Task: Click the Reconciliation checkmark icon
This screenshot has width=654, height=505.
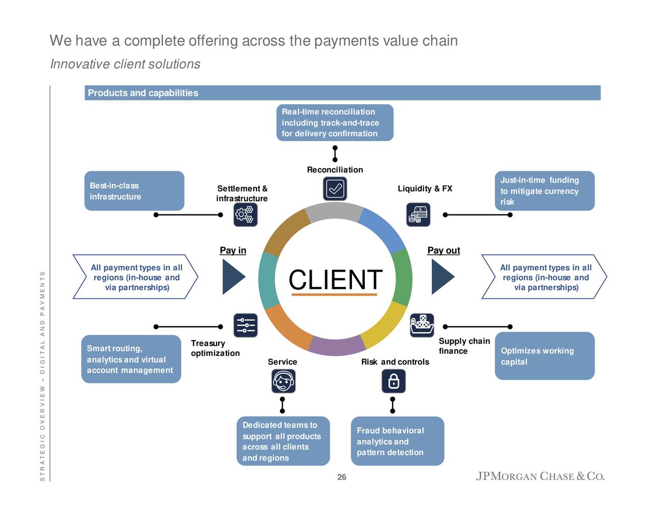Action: tap(335, 189)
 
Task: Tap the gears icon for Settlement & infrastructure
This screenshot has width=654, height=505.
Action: tap(245, 214)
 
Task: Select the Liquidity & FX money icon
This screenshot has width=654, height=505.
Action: tap(418, 214)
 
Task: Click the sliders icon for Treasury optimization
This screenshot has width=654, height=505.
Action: tap(245, 325)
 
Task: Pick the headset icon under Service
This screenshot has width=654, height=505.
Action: tap(283, 381)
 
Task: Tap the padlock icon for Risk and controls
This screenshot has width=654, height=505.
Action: tap(393, 381)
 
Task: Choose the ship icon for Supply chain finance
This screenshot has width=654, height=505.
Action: tap(422, 325)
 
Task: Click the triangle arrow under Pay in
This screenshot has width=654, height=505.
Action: tap(232, 277)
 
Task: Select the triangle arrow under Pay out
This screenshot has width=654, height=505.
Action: tap(441, 277)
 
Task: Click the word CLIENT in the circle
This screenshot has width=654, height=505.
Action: tap(335, 279)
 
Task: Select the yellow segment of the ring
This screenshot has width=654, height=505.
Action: tap(386, 326)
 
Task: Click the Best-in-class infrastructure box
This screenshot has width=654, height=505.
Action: tap(134, 191)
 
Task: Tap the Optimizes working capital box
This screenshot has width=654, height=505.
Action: tap(545, 356)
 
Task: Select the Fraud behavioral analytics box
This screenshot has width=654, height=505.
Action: tap(398, 441)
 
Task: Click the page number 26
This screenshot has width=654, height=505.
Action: tap(342, 477)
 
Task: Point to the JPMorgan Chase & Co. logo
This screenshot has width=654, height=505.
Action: tap(540, 476)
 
